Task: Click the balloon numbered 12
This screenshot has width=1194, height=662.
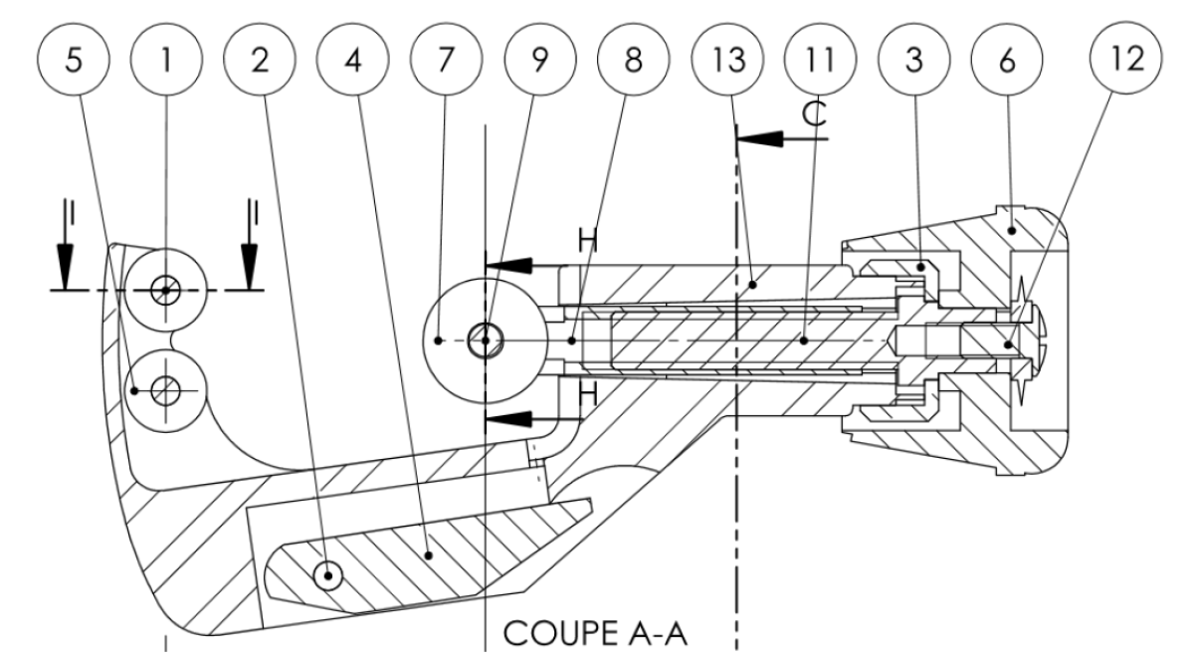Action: pyautogui.click(x=1124, y=58)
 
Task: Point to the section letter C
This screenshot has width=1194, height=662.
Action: pyautogui.click(x=814, y=114)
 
